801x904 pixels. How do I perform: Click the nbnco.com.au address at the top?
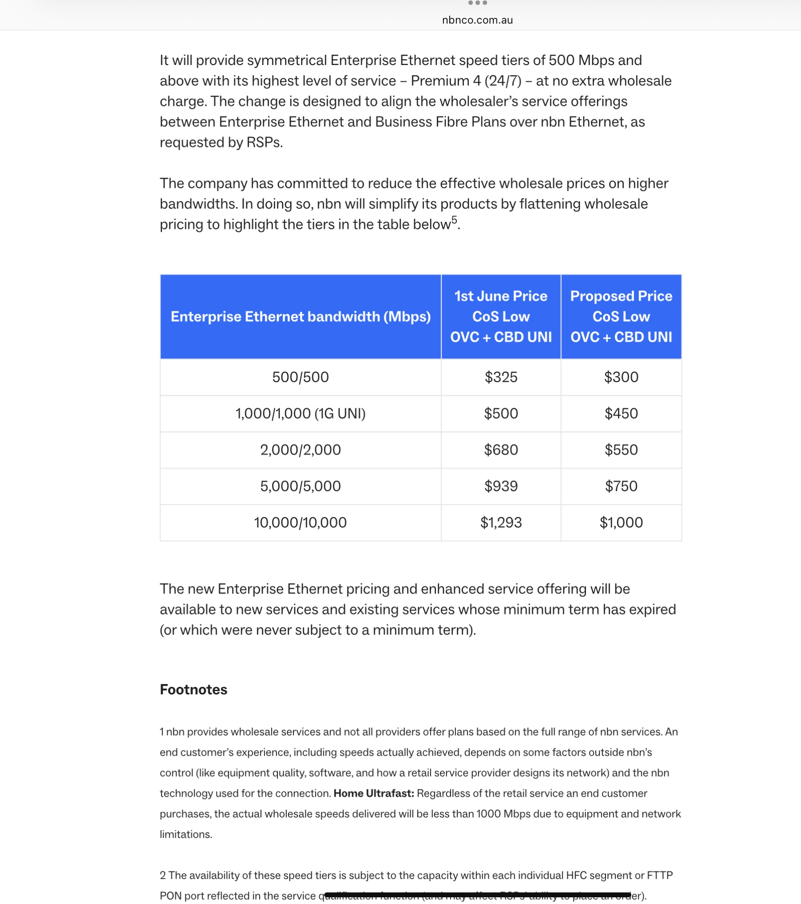pyautogui.click(x=477, y=20)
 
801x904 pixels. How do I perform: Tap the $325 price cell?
pyautogui.click(x=501, y=377)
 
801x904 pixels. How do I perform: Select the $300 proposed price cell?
pyautogui.click(x=621, y=377)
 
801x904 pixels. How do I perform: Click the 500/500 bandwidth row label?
pyautogui.click(x=301, y=377)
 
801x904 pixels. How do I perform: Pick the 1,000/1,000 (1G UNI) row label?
pyautogui.click(x=301, y=413)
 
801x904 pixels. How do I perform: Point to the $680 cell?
pyautogui.click(x=501, y=450)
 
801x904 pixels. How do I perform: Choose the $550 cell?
pyautogui.click(x=621, y=450)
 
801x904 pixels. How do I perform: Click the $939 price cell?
pyautogui.click(x=501, y=486)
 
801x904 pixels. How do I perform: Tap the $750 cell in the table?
pyautogui.click(x=621, y=486)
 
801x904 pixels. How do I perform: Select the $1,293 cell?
pyautogui.click(x=501, y=522)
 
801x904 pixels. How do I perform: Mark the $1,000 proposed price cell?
pyautogui.click(x=621, y=522)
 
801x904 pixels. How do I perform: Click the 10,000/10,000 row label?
pyautogui.click(x=301, y=522)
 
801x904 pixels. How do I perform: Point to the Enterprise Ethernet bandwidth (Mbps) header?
pyautogui.click(x=301, y=317)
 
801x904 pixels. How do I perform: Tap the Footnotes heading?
pyautogui.click(x=194, y=689)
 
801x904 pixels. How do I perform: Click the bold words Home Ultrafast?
pyautogui.click(x=374, y=793)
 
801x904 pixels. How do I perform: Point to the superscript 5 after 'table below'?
pyautogui.click(x=454, y=220)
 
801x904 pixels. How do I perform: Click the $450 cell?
pyautogui.click(x=621, y=413)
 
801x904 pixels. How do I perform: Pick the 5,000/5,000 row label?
pyautogui.click(x=301, y=486)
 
